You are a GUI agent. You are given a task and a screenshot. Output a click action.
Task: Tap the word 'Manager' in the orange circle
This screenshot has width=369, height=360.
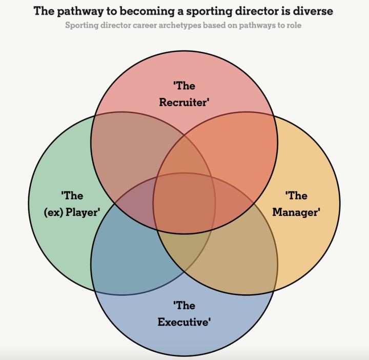[296, 212]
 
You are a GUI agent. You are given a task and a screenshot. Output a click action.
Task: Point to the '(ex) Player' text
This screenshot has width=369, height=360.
[72, 212]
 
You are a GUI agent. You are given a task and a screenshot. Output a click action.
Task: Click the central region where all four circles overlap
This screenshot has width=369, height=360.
[184, 203]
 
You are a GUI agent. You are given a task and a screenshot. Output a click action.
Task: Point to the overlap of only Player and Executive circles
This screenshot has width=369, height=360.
[131, 256]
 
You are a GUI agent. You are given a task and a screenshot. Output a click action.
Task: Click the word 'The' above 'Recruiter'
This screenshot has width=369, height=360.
[185, 86]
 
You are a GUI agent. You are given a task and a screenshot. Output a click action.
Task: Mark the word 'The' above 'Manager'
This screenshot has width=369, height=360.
[297, 195]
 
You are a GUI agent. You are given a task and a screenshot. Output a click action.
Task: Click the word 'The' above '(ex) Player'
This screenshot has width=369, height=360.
[72, 195]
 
